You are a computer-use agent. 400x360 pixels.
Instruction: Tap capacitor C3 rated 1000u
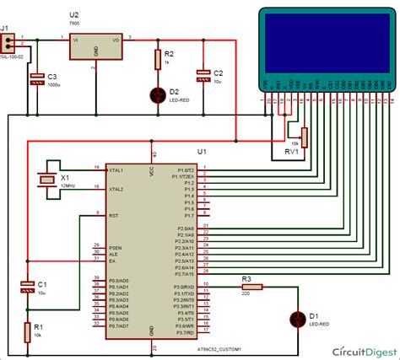(36, 78)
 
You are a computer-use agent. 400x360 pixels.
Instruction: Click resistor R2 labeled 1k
(158, 59)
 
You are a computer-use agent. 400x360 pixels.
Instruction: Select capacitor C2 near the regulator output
(203, 75)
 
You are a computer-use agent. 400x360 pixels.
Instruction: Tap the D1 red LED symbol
(297, 320)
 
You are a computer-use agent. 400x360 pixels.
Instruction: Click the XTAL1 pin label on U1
(116, 168)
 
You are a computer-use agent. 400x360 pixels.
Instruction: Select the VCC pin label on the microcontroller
(153, 167)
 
